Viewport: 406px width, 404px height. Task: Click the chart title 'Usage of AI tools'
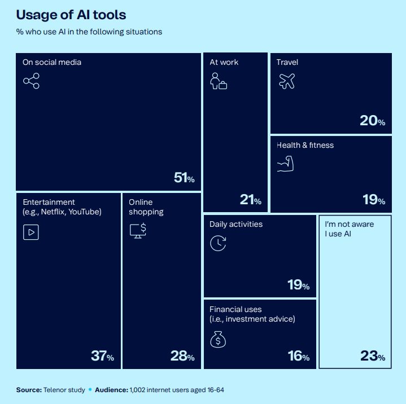(x=71, y=14)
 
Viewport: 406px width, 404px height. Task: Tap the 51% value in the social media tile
(x=184, y=178)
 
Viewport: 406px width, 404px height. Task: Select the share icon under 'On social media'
(x=31, y=81)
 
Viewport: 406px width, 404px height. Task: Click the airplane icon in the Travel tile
(x=287, y=81)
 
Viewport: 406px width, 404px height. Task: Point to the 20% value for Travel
(x=372, y=121)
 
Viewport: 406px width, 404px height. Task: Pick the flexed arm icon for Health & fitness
(x=285, y=164)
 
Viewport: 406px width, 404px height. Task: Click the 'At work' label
(x=224, y=62)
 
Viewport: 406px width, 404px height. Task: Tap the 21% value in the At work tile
(x=250, y=200)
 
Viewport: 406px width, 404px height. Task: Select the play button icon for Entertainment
(x=30, y=231)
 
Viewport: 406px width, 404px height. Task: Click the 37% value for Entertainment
(x=102, y=357)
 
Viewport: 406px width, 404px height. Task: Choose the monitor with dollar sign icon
(x=138, y=231)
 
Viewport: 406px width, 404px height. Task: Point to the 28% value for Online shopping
(x=182, y=357)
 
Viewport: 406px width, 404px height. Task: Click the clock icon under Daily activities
(x=218, y=243)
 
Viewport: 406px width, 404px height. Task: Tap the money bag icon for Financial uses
(x=218, y=339)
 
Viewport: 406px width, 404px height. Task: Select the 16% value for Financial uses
(x=298, y=357)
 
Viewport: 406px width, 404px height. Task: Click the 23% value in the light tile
(x=373, y=357)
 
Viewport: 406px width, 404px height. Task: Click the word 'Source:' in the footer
(x=29, y=390)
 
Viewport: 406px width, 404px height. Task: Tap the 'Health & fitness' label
(x=305, y=145)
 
